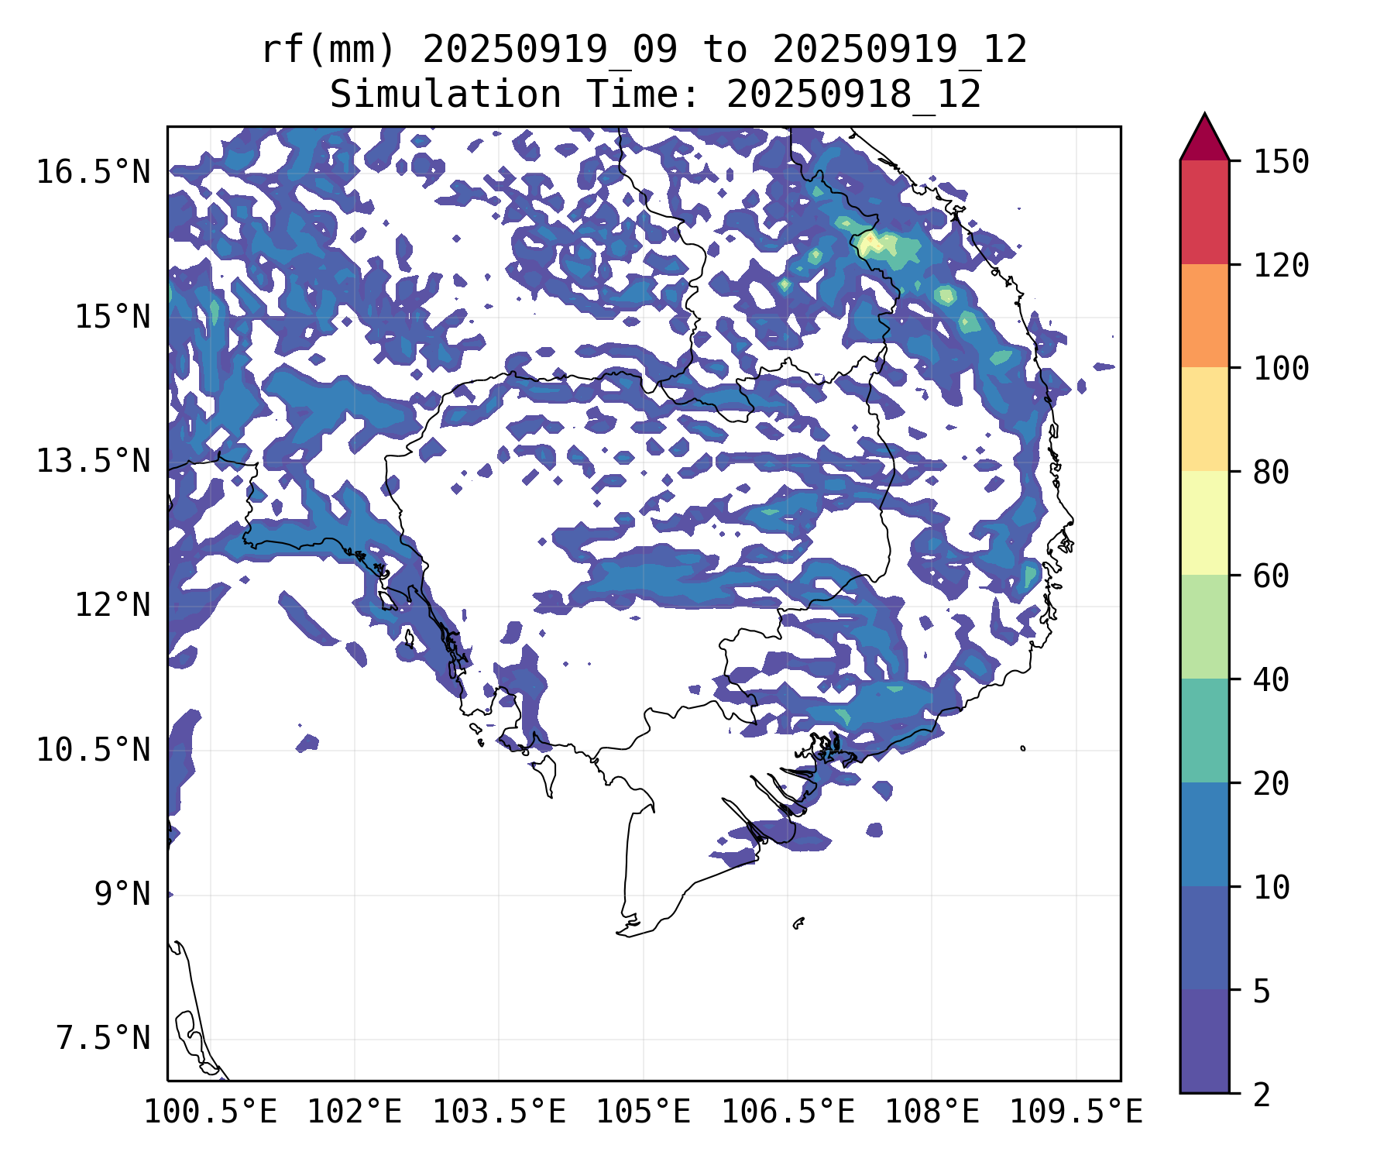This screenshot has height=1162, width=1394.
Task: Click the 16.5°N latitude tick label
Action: [x=93, y=172]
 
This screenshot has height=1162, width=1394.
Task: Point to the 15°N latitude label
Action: [x=112, y=317]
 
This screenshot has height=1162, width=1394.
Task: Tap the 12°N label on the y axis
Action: [x=112, y=605]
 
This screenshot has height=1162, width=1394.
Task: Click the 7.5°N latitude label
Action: [x=103, y=1038]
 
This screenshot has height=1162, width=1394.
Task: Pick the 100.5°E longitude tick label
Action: [x=211, y=1112]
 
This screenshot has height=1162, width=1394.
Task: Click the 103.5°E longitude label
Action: [x=499, y=1112]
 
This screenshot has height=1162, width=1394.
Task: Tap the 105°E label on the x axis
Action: [x=643, y=1112]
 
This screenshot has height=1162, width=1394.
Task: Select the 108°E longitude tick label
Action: [x=932, y=1112]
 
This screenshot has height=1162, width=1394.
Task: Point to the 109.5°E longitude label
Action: [x=1076, y=1112]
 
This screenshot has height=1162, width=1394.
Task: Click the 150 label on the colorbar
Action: [x=1281, y=162]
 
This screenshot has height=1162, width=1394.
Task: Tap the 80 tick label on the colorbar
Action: [x=1271, y=472]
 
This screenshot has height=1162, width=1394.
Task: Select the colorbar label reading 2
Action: [x=1262, y=1095]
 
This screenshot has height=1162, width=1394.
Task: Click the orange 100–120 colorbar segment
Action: [x=1204, y=315]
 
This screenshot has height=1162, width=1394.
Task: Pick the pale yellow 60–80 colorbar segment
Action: [x=1204, y=523]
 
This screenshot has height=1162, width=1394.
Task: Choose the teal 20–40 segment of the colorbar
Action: [x=1204, y=731]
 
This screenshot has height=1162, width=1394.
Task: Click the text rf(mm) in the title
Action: [x=328, y=50]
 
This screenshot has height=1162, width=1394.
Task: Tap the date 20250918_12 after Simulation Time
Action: [x=853, y=95]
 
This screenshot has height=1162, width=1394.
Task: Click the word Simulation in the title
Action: [x=445, y=95]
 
